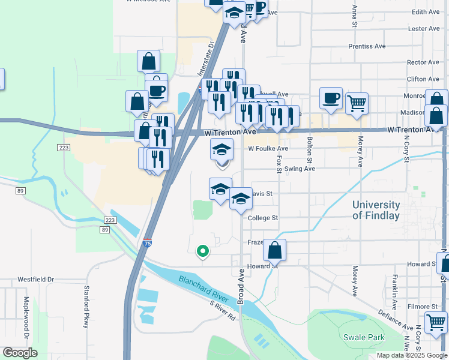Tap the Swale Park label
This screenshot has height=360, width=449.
(364, 337)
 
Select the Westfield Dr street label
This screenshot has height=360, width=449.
(35, 280)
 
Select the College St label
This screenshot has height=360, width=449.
(262, 218)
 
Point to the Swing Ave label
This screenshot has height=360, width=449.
(300, 169)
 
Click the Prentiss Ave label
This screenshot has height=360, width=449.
(367, 46)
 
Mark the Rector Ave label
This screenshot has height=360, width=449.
(423, 62)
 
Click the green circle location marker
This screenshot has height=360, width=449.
(203, 251)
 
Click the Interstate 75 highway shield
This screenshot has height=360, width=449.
(148, 243)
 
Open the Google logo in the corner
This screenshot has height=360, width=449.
(20, 353)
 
